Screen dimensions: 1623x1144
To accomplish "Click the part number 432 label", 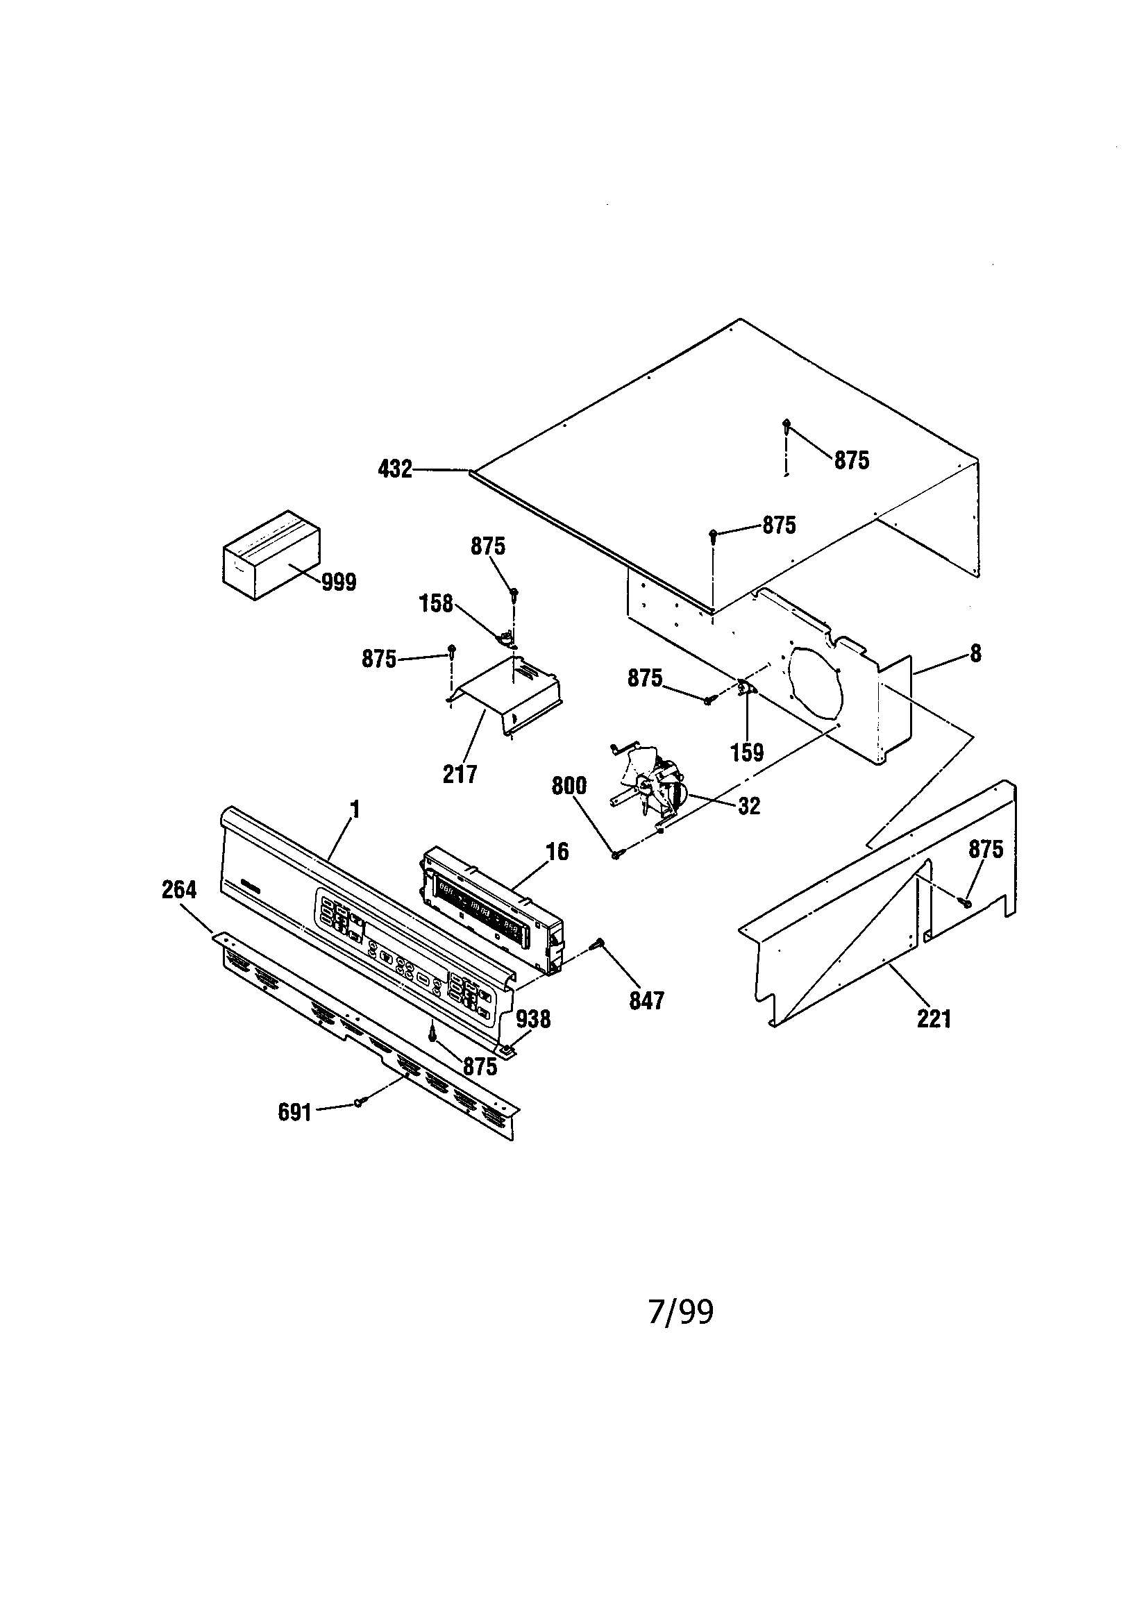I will [x=394, y=469].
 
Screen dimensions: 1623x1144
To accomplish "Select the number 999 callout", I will [x=339, y=582].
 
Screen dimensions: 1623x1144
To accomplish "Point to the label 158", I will [x=435, y=604].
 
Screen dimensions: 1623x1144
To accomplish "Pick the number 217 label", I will [x=460, y=775].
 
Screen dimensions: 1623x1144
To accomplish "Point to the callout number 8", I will [x=975, y=654].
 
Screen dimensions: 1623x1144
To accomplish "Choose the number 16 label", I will [x=557, y=852].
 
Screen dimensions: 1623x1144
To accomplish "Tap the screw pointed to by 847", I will [x=600, y=942].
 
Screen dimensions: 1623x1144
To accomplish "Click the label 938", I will [x=533, y=1018].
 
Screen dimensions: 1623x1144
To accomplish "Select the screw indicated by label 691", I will [x=359, y=1101].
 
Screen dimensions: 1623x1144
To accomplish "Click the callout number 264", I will [x=179, y=890].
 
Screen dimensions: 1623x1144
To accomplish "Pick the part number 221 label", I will [x=934, y=1018].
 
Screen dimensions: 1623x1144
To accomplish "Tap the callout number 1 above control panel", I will [x=355, y=809].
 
